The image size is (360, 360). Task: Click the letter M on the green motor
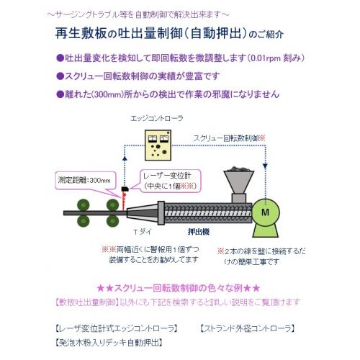[265, 212]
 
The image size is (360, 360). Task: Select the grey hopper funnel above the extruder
[239, 182]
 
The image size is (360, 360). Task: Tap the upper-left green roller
[84, 205]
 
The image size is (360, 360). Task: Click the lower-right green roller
[112, 221]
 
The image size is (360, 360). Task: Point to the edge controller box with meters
[158, 145]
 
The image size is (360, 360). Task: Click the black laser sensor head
[125, 189]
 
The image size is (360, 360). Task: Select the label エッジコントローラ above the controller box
[157, 118]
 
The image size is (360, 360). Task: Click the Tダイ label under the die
[143, 232]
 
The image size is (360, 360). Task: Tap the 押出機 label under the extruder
[199, 232]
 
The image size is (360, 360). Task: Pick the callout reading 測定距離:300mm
[84, 180]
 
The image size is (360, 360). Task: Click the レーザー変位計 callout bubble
[170, 181]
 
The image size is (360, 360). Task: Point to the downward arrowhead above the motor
[265, 166]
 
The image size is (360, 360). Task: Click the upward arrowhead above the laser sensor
[125, 158]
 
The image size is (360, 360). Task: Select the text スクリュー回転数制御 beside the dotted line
[226, 138]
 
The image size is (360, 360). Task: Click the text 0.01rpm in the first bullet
[264, 58]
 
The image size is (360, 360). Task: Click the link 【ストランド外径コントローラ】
[248, 328]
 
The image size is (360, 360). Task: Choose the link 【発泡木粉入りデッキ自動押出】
[109, 343]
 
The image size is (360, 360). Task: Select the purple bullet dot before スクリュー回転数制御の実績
[60, 76]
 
